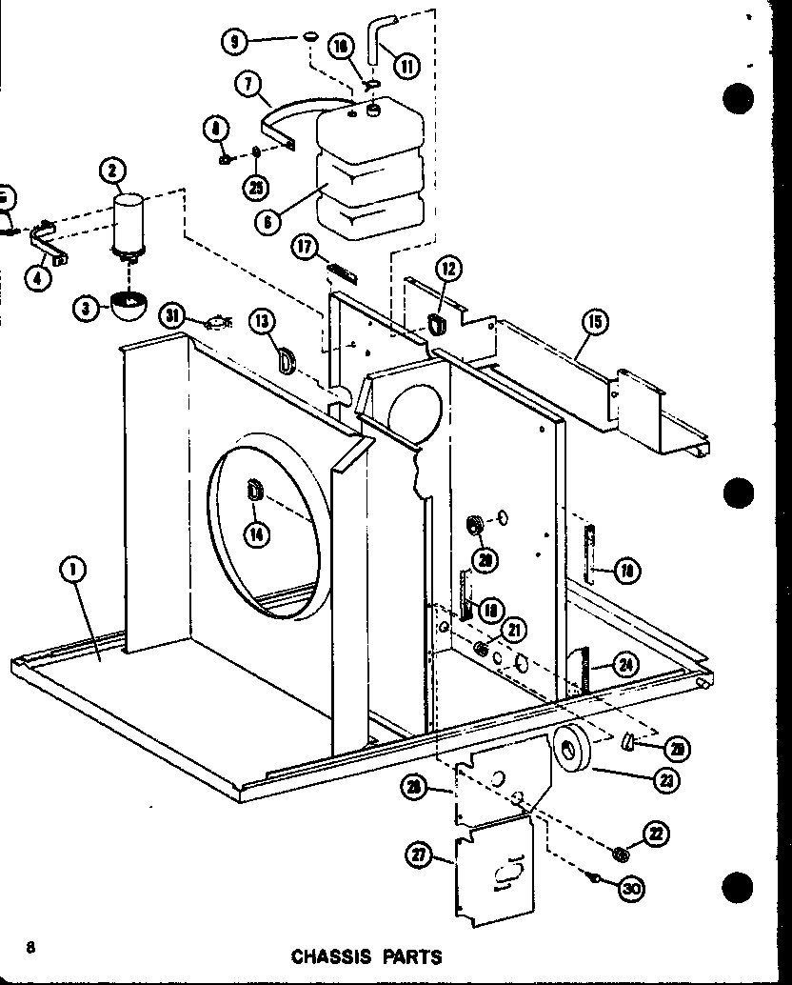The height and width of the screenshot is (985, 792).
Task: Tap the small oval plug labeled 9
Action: pyautogui.click(x=310, y=36)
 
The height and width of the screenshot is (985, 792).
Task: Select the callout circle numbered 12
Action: pyautogui.click(x=450, y=270)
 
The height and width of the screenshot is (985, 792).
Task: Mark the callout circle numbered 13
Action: pyautogui.click(x=264, y=321)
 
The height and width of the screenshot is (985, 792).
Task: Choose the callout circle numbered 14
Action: pyautogui.click(x=255, y=535)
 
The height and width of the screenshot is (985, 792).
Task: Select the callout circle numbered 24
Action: pyautogui.click(x=625, y=666)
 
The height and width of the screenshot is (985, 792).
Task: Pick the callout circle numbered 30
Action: pyautogui.click(x=630, y=888)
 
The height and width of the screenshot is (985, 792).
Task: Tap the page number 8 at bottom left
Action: pyautogui.click(x=31, y=947)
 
